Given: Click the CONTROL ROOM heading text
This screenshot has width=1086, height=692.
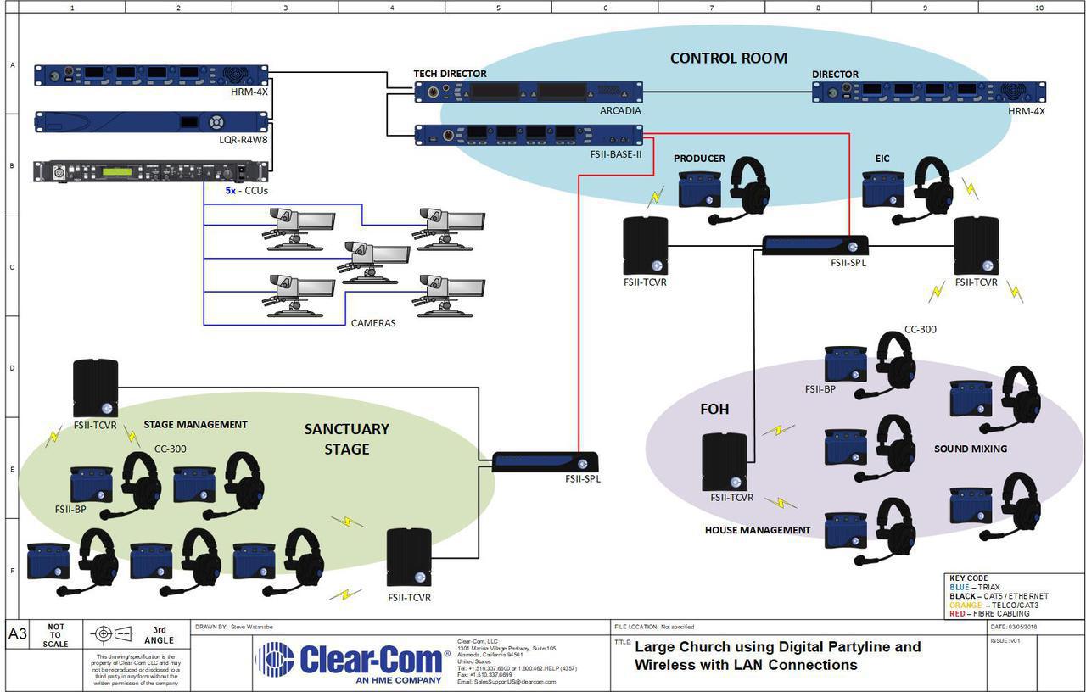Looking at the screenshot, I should [x=728, y=59].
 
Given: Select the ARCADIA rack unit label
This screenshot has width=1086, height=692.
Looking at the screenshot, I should [x=619, y=110].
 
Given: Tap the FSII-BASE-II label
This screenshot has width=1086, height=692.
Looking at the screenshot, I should [x=614, y=154].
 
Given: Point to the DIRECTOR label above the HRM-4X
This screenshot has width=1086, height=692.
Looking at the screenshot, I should [x=835, y=75].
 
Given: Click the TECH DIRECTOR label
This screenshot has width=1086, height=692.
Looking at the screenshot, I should [x=450, y=75].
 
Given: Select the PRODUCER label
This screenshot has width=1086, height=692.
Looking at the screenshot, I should [x=699, y=159].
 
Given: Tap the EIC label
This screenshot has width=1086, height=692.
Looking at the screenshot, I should [x=882, y=159].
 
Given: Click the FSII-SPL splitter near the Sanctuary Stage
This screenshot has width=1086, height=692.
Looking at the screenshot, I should [x=546, y=462].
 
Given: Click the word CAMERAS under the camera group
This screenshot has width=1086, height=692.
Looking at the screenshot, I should [x=373, y=323].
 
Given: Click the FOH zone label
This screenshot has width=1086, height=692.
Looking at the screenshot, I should [x=714, y=409].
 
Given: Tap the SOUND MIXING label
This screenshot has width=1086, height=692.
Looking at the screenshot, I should [x=970, y=449].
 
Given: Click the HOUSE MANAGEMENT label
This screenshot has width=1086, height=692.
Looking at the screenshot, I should [x=758, y=530].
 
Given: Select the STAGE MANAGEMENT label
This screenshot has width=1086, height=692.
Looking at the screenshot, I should [x=195, y=425].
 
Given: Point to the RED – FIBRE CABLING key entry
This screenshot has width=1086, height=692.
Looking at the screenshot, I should [x=989, y=613].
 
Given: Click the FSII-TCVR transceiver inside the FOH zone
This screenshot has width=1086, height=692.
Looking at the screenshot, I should [x=725, y=461].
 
